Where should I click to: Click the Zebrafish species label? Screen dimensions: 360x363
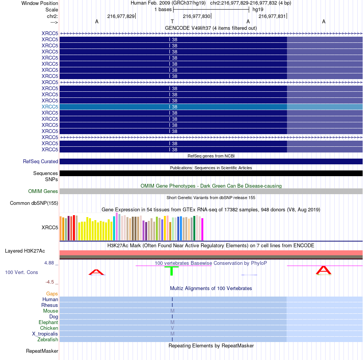[48, 340]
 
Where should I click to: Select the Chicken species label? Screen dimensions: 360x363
[49, 328]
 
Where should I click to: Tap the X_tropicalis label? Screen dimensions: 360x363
[45, 334]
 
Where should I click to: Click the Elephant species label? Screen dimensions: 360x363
[48, 323]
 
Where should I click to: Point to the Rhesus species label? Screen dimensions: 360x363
[50, 305]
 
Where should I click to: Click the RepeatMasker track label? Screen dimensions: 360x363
[42, 351]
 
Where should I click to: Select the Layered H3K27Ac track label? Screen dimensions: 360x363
[25, 251]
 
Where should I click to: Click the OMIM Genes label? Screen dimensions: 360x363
[43, 191]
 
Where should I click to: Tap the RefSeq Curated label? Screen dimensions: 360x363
[41, 162]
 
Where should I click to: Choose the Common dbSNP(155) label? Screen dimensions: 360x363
[34, 203]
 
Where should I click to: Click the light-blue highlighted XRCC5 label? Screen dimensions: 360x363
[50, 107]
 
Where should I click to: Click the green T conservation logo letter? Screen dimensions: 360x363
[172, 271]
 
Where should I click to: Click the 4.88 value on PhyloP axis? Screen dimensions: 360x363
[50, 263]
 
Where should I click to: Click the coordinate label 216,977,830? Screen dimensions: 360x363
[196, 16]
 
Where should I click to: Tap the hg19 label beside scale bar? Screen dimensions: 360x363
[258, 9]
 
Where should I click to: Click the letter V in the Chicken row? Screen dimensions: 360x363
[172, 328]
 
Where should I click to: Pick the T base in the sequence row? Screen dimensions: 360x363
[172, 22]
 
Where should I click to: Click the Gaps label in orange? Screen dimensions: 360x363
[52, 294]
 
